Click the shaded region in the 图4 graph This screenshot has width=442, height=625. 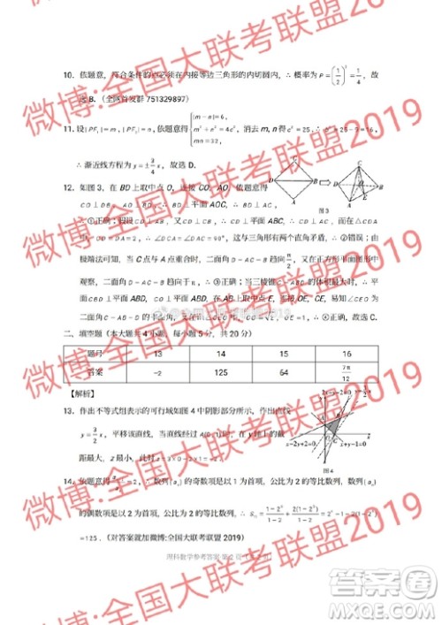(333, 428)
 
